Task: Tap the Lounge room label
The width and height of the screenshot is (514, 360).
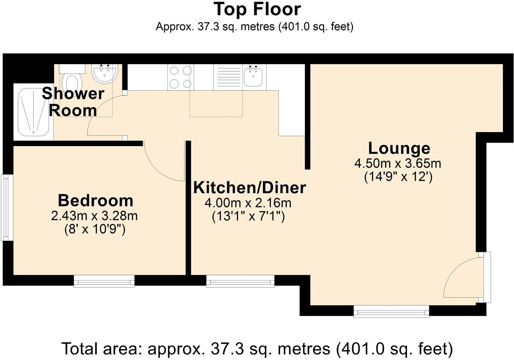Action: point(399,149)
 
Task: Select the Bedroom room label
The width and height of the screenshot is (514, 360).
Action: point(95,201)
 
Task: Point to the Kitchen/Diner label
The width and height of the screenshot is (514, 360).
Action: point(250,188)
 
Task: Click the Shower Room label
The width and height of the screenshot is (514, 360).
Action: point(73,102)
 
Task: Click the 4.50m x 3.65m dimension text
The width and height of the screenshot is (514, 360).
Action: point(398,164)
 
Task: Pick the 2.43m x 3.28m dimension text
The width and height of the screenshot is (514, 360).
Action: point(94,216)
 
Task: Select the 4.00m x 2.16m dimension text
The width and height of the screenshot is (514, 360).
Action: point(248,203)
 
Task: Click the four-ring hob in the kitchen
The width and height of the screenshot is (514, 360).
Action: point(180,77)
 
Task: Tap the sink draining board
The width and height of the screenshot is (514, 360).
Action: point(228,77)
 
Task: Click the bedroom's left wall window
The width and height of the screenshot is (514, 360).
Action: point(7,208)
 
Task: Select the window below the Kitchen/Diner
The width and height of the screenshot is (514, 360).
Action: point(240,281)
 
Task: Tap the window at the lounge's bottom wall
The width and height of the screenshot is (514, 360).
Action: point(391,311)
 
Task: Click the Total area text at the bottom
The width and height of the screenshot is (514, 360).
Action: point(257,348)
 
